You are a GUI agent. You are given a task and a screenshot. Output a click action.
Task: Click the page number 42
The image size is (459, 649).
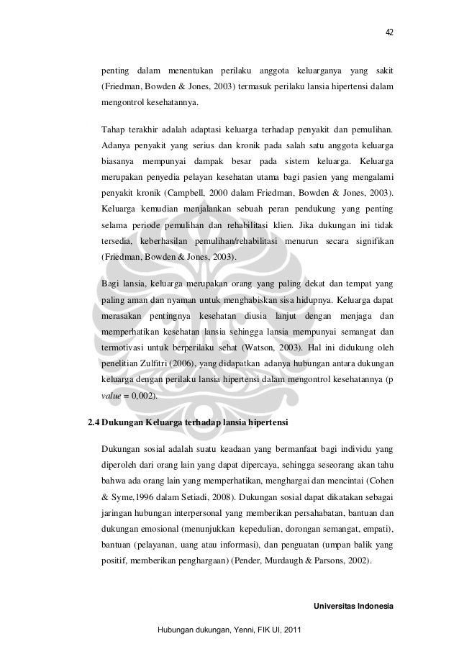(389, 32)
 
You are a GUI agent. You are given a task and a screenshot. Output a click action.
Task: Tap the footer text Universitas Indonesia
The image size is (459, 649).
(354, 607)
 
